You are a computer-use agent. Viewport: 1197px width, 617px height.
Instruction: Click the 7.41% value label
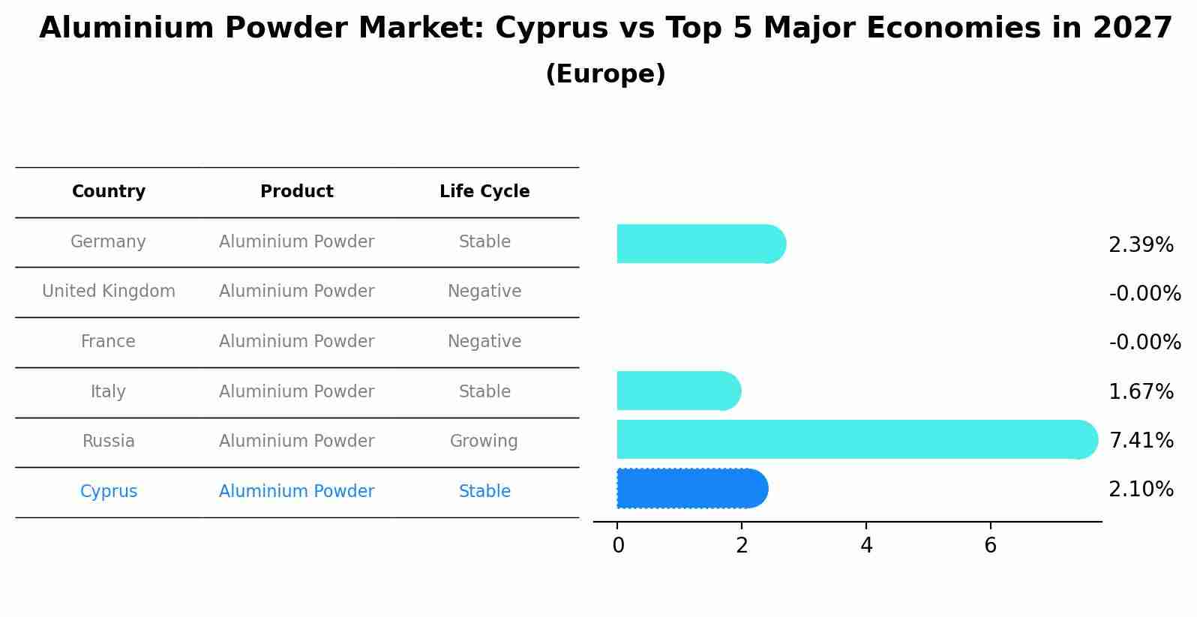(1141, 440)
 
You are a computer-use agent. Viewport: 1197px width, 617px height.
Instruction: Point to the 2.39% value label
(1141, 245)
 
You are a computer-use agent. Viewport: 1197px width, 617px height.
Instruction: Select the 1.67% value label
(1141, 391)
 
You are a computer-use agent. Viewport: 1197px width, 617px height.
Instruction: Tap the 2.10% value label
(1141, 490)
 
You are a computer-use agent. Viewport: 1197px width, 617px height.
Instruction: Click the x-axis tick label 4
(866, 546)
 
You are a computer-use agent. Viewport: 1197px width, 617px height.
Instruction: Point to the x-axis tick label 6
(990, 546)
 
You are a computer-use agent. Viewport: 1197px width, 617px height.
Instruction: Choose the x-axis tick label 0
(618, 546)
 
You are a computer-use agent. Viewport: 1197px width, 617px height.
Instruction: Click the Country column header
(109, 192)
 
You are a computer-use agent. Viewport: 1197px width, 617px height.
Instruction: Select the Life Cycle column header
(484, 192)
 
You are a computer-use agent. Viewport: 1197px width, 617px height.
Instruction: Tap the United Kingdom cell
(109, 292)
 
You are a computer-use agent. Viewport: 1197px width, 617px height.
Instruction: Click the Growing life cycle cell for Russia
(484, 442)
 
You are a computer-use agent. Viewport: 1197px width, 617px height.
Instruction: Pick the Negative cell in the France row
(484, 342)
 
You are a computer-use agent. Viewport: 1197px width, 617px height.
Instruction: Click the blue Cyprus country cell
(109, 492)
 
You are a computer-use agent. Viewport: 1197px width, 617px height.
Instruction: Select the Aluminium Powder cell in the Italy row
(296, 391)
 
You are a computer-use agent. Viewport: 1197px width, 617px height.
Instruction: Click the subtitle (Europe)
(605, 74)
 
